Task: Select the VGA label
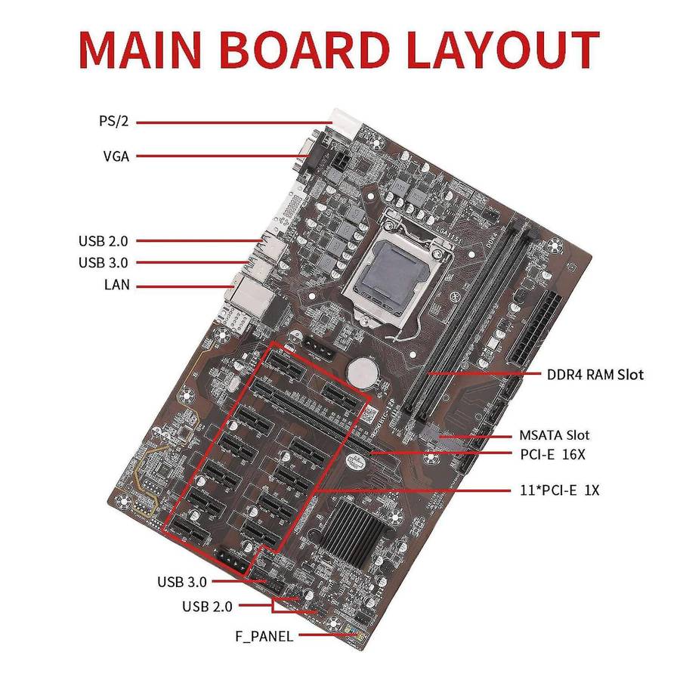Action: pyautogui.click(x=116, y=157)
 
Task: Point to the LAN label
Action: pyautogui.click(x=116, y=286)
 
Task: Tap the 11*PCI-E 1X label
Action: pyautogui.click(x=560, y=490)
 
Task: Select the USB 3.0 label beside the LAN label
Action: pyautogui.click(x=104, y=263)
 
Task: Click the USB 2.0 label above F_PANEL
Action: pyautogui.click(x=207, y=606)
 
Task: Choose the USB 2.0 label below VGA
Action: pyautogui.click(x=104, y=241)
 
